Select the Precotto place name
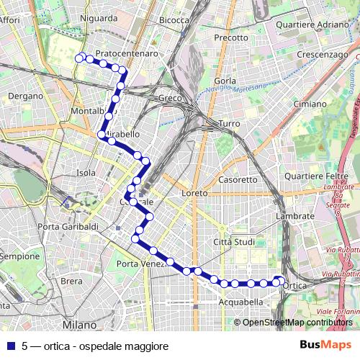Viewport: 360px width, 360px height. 230,37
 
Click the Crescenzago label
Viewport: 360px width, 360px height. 322,55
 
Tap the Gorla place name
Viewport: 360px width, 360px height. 225,81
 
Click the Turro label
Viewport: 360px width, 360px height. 229,124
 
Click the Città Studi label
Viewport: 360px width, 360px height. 235,242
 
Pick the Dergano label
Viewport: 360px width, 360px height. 26,96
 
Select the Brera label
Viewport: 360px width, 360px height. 71,282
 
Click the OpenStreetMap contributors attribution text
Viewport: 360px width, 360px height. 297,322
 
